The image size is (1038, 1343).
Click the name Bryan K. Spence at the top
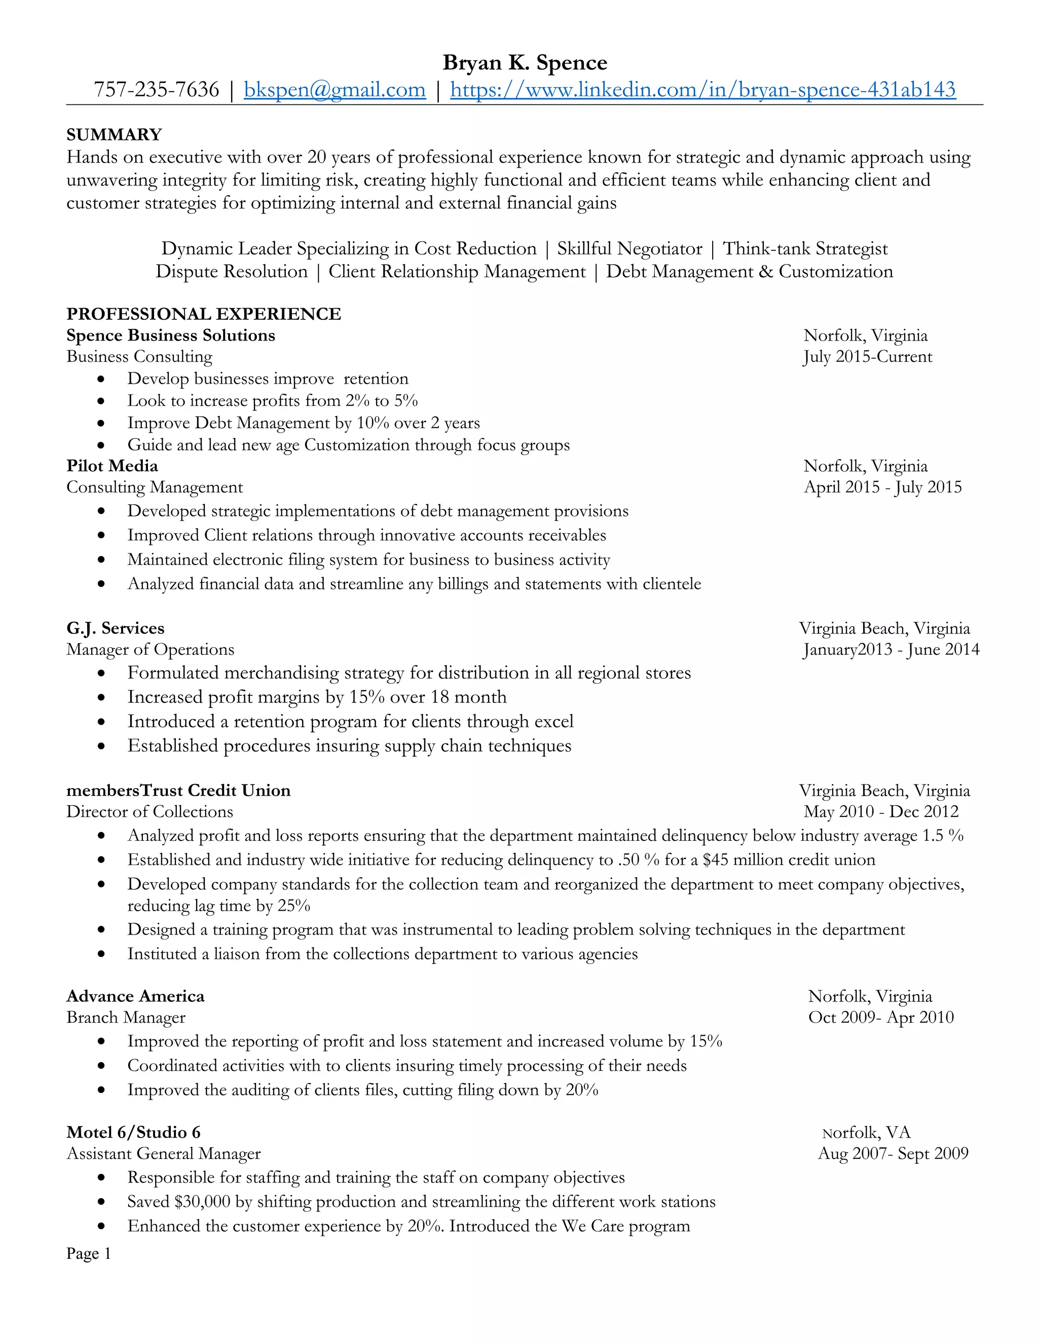coord(525,63)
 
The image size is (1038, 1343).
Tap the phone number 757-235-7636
coord(156,90)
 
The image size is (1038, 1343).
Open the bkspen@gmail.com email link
coord(335,90)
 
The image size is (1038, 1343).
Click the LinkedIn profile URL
coord(702,90)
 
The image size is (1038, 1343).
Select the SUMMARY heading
coord(114,135)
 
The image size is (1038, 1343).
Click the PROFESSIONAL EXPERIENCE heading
coord(204,314)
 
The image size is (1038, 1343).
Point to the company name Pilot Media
coord(112,466)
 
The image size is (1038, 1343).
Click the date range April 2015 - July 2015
coord(882,487)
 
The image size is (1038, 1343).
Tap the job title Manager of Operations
coord(150,649)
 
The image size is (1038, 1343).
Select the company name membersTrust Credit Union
coord(178,790)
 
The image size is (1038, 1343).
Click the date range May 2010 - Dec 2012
coord(880,812)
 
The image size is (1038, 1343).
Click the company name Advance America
coord(135,996)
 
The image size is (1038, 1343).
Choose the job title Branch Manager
coord(126,1017)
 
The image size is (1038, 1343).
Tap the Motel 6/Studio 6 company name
coord(133,1132)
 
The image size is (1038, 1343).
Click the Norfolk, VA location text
coord(866,1133)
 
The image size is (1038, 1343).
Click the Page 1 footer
coord(89,1253)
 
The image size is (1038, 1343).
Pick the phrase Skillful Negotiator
coord(629,248)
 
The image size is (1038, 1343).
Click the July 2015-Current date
coord(867,357)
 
